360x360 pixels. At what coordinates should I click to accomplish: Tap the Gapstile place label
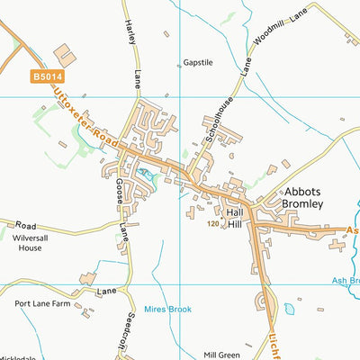coord(198,63)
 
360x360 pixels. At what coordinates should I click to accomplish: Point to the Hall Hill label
coord(235,218)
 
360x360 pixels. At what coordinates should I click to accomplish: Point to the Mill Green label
coord(221,355)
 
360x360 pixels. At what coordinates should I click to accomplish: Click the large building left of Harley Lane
coord(66,53)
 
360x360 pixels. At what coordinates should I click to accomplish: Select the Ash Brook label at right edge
coord(346,280)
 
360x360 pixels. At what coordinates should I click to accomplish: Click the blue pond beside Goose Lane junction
coord(147,171)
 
